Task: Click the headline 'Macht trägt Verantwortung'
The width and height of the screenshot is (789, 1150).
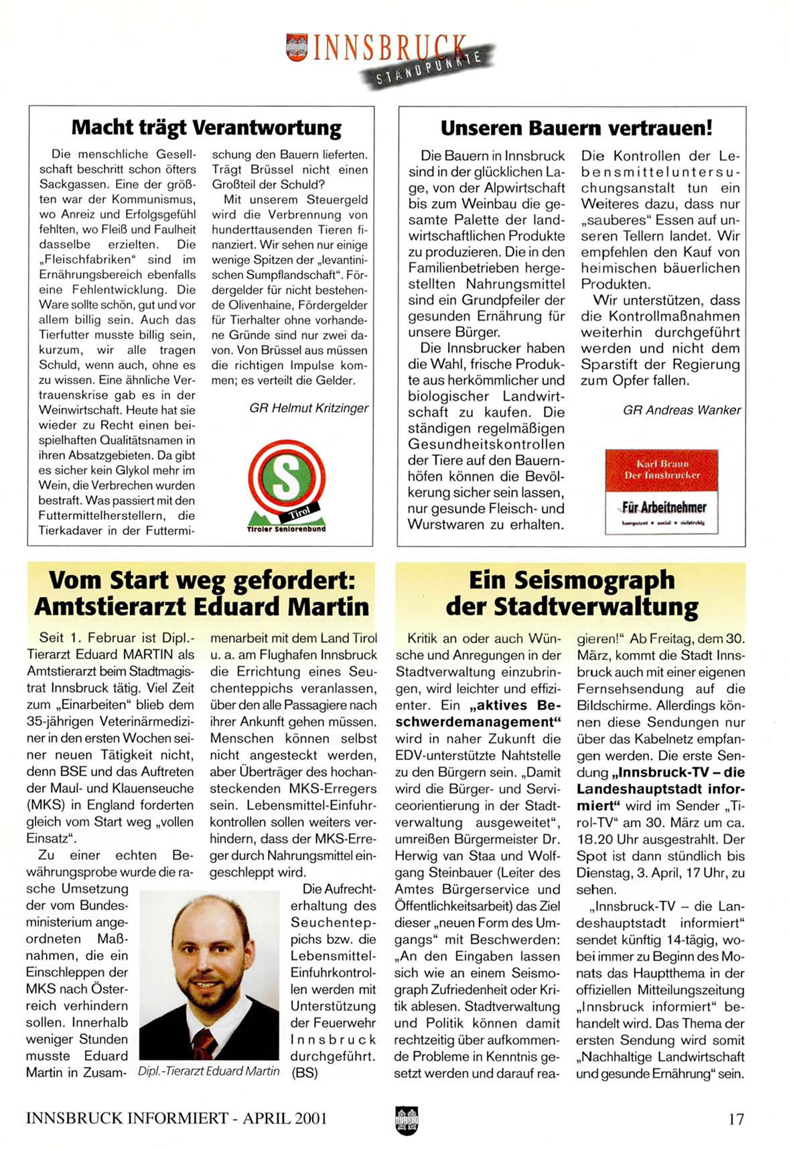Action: [206, 127]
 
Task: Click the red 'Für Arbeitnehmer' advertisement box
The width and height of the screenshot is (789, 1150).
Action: [661, 491]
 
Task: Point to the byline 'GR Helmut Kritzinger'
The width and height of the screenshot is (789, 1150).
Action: [309, 408]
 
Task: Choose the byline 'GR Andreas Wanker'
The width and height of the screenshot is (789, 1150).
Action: [682, 410]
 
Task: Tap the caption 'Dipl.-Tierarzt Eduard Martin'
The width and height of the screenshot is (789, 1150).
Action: [208, 1071]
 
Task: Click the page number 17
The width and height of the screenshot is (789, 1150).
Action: [735, 1119]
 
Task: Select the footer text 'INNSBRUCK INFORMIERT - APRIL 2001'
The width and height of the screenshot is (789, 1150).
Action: [176, 1119]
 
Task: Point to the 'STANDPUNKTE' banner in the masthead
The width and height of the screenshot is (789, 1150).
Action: [429, 68]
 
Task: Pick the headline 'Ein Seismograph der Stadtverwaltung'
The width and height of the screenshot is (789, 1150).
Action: [571, 592]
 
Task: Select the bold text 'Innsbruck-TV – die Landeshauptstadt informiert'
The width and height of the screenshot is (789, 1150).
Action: [660, 789]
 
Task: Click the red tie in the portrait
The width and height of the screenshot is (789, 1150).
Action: [205, 1042]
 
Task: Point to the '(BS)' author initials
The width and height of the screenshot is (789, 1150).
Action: [305, 1072]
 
